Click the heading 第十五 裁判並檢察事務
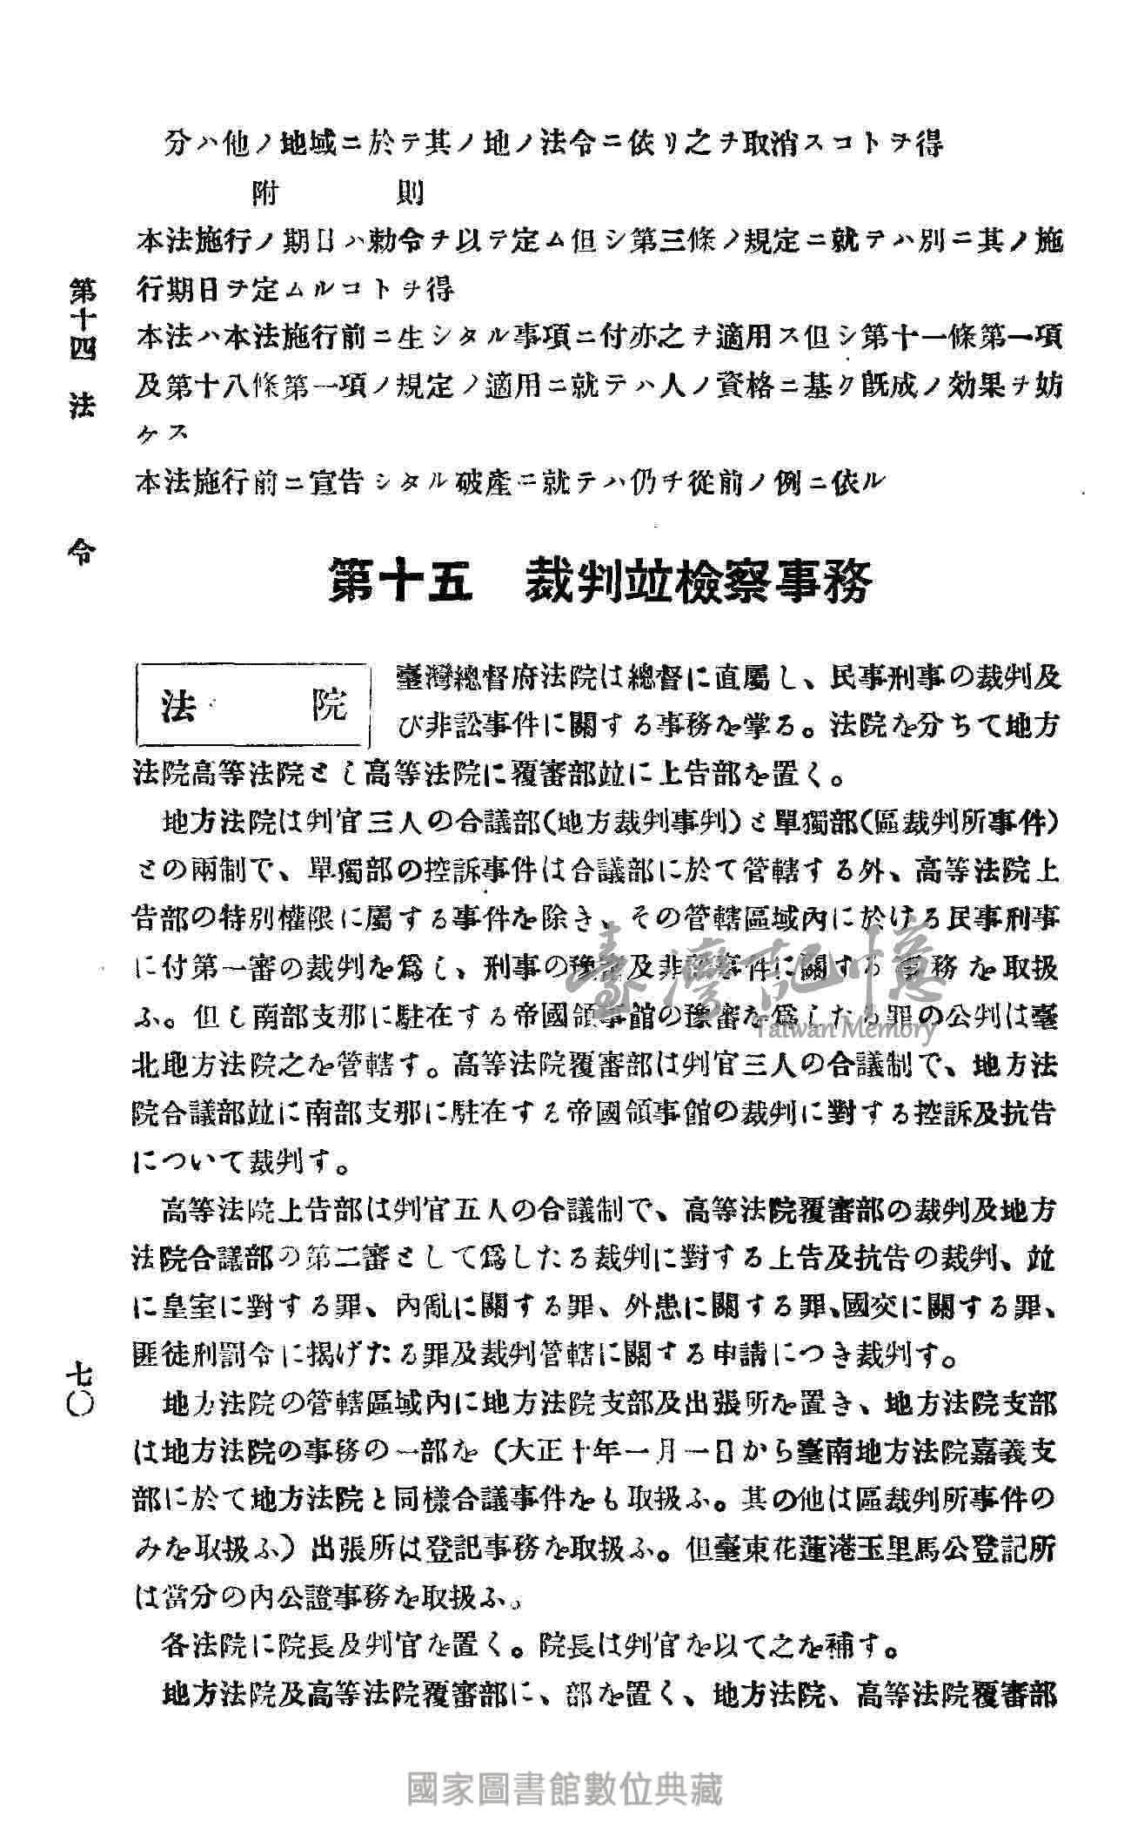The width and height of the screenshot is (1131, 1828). (x=599, y=584)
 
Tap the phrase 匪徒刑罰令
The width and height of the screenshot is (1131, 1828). (x=214, y=1356)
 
